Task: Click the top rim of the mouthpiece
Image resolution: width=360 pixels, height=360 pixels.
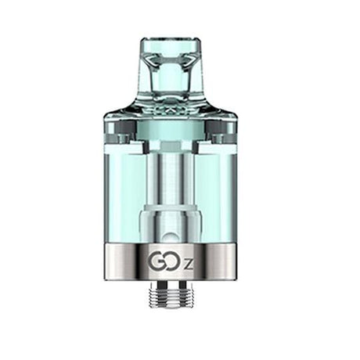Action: [x=171, y=41]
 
